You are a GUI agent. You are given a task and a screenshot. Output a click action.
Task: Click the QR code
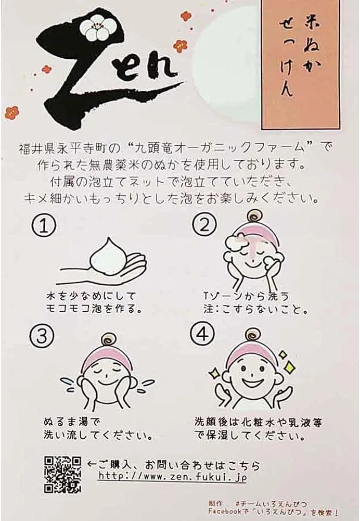click(x=62, y=475)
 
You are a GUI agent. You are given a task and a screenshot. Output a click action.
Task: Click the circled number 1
click(x=44, y=225)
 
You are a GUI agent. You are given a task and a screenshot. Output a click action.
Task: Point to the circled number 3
click(x=42, y=336)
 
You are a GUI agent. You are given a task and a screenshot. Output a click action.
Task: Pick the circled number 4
click(x=203, y=334)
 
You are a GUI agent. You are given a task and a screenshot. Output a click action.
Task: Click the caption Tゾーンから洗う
click(x=247, y=296)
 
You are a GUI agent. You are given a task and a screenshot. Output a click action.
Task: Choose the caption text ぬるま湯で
click(x=71, y=422)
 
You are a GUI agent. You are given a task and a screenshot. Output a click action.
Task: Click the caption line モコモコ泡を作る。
click(x=95, y=309)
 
